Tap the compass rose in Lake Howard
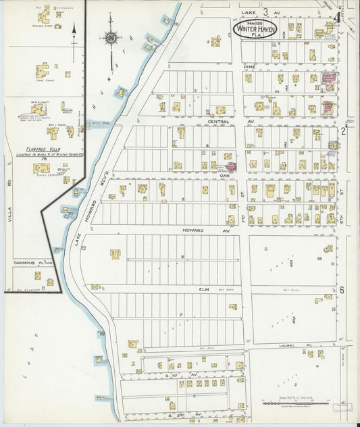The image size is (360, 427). click(x=111, y=37)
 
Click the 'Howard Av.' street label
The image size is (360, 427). click(x=193, y=230)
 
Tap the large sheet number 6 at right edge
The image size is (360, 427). click(x=342, y=290)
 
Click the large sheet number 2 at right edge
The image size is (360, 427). click(x=342, y=130)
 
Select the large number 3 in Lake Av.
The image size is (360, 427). click(x=265, y=11)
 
